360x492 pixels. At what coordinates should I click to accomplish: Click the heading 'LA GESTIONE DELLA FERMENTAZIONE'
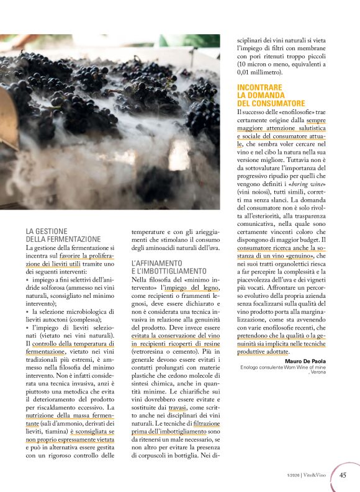(63, 235)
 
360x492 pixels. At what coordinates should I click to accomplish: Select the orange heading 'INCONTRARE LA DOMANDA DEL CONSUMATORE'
(271, 96)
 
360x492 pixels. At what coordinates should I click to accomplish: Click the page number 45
(343, 476)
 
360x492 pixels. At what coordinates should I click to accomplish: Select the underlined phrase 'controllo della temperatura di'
(73, 343)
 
